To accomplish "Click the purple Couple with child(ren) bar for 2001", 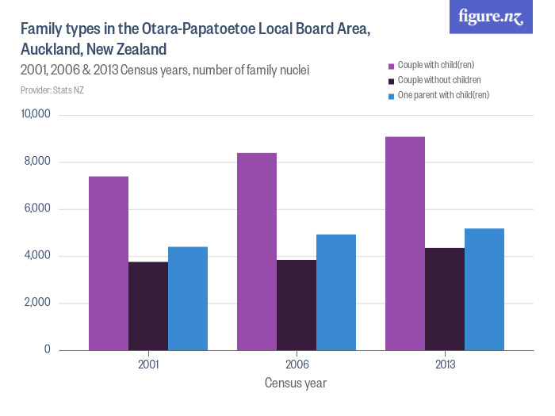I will tap(109, 263).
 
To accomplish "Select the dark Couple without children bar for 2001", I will tap(148, 306).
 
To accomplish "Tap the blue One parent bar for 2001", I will tap(188, 299).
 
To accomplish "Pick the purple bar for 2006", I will tap(257, 251).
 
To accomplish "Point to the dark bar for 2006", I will tap(297, 305).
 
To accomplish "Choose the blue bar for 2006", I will tap(336, 292).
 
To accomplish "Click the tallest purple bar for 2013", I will tap(405, 243).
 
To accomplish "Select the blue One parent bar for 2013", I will tap(484, 289).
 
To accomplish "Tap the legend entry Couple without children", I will tap(438, 80).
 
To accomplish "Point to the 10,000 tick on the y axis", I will tap(35, 115).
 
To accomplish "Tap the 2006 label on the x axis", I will tap(297, 365).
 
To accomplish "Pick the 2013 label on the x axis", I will tap(445, 365).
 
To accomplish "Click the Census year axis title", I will tap(295, 384).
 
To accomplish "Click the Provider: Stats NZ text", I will tap(52, 90).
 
